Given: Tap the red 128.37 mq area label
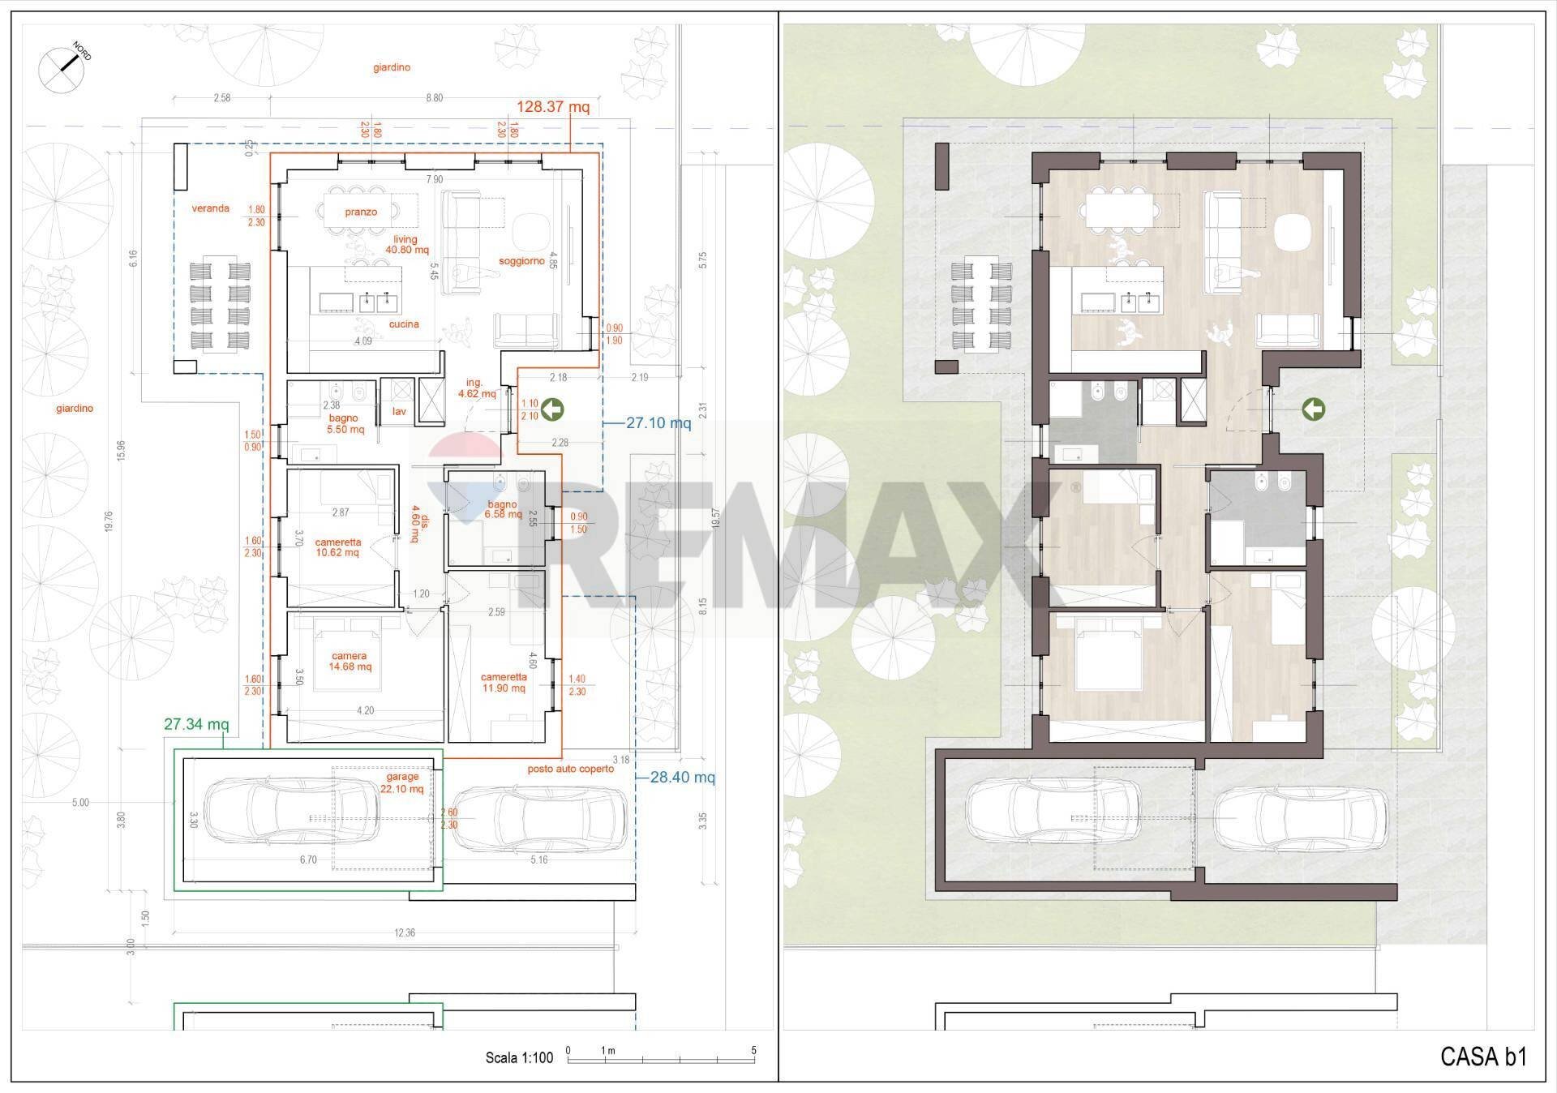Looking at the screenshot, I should tap(553, 107).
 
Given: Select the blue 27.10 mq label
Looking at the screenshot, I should tap(658, 423).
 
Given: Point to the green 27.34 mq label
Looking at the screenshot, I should tap(196, 724).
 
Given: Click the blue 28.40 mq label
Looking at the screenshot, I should tap(682, 778).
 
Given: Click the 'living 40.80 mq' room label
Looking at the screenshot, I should tap(406, 245).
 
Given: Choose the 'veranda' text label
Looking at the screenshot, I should tap(210, 208).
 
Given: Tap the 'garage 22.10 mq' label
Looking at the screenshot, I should tap(403, 782).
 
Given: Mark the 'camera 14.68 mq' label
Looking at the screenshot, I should tap(350, 662).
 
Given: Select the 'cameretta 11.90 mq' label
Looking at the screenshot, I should tap(504, 683).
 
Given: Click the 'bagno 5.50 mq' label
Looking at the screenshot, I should tap(345, 424).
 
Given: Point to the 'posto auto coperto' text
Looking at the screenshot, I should tap(571, 769).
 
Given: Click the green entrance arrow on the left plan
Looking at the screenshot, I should tap(553, 410).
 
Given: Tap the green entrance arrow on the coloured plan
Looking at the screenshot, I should tap(1313, 410).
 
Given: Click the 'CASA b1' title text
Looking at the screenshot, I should tap(1483, 1057).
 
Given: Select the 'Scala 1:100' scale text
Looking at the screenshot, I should tap(519, 1057).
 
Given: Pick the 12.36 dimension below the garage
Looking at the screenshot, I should tap(405, 933).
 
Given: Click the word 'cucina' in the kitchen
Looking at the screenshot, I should tap(404, 324).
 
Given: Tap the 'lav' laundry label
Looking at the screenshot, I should tap(399, 412).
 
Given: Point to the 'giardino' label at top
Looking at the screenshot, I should tap(392, 68).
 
